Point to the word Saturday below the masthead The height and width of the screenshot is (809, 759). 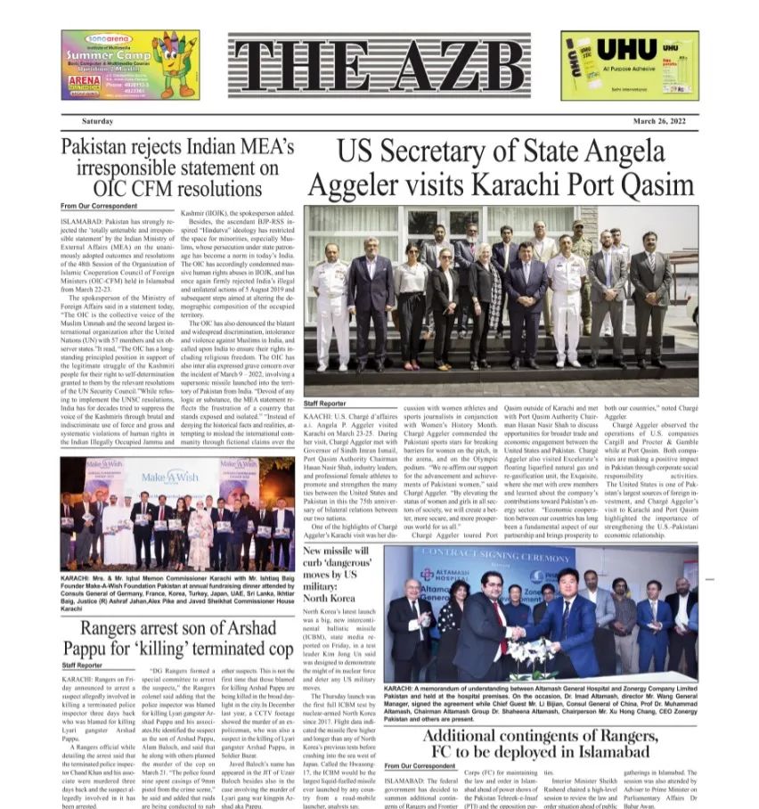coord(97,120)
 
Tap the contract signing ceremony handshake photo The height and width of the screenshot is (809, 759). coord(541,614)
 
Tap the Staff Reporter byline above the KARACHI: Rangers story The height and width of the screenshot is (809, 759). coord(82,665)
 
